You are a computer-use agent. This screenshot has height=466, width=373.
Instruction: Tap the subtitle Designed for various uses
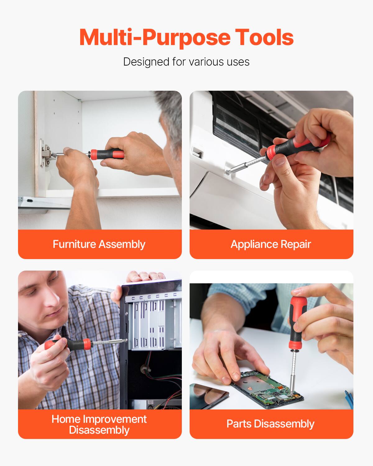point(186,62)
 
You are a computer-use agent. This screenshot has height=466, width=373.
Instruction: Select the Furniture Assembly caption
point(99,244)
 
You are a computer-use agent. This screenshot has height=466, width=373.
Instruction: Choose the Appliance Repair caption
point(271,244)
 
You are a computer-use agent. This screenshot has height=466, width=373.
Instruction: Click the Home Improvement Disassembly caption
point(99,424)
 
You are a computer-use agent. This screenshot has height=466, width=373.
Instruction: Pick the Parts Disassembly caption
point(270,424)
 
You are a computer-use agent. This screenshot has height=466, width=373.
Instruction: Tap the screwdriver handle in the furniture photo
point(107,154)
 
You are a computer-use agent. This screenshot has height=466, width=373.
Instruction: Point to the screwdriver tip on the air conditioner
point(229,171)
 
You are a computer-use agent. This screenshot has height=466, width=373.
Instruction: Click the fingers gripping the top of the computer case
point(146,276)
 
